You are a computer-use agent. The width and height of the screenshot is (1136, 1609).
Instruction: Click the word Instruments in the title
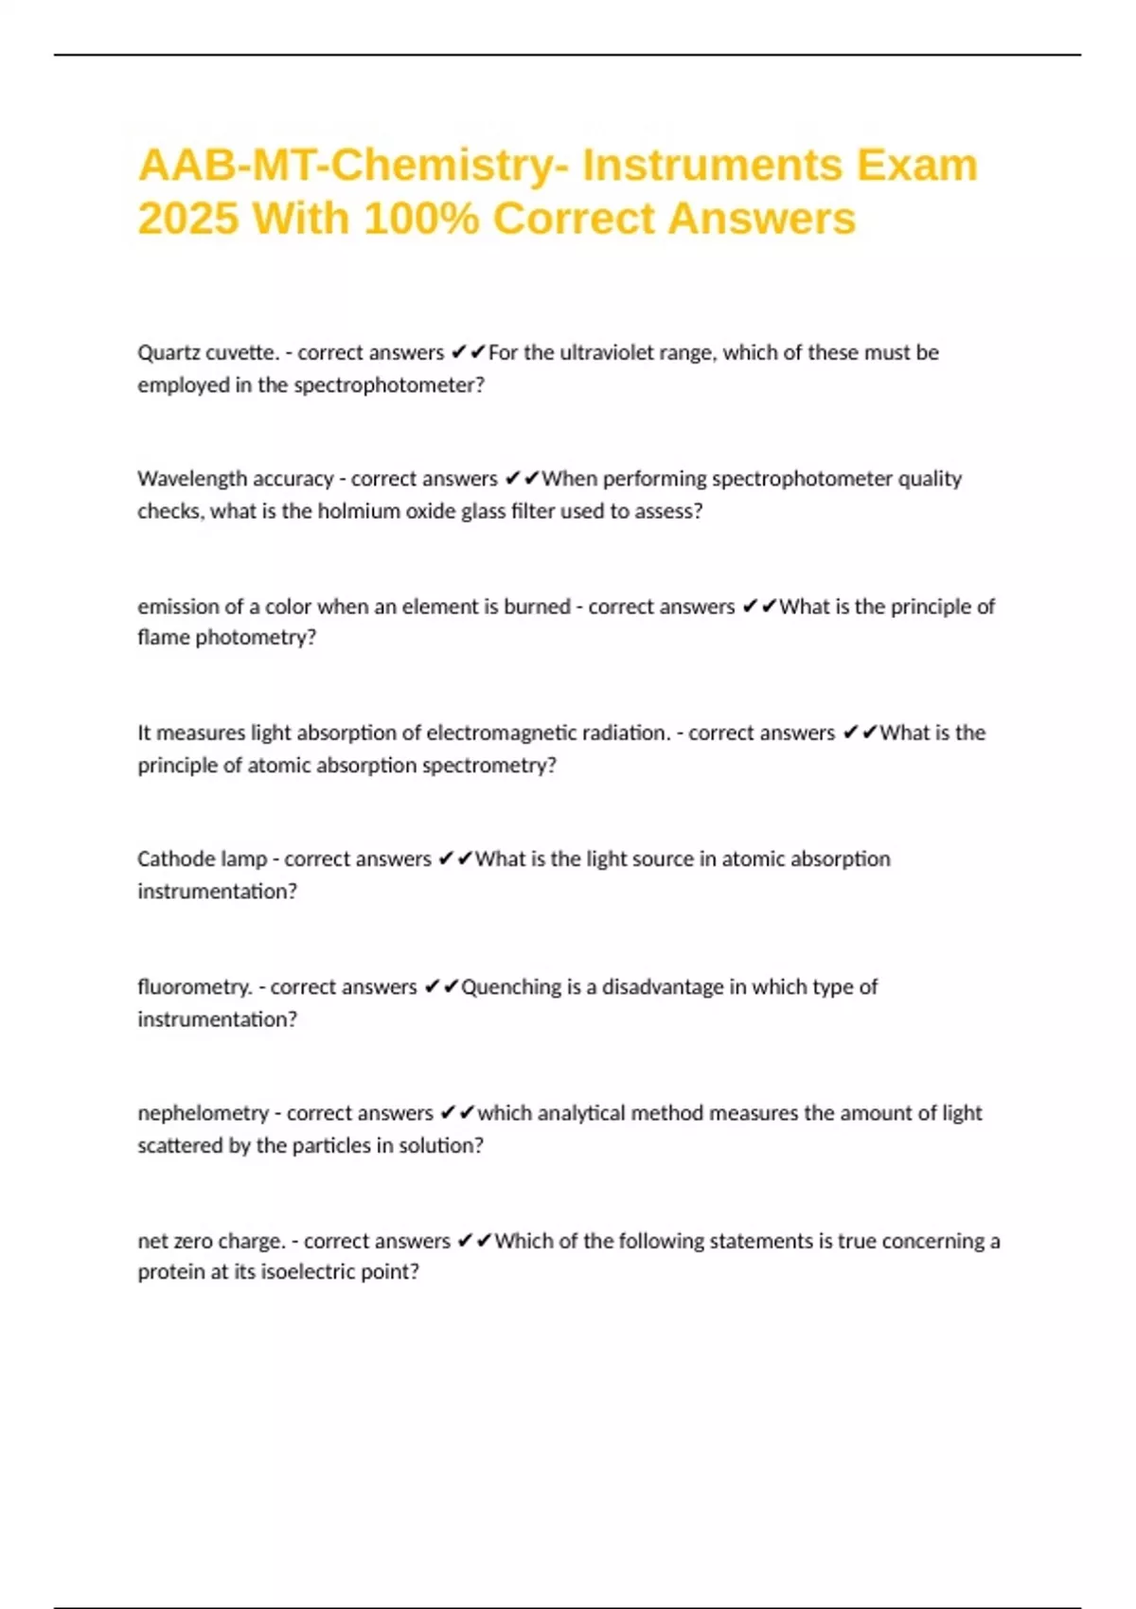pyautogui.click(x=711, y=166)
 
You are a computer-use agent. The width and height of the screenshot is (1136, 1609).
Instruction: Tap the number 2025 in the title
pyautogui.click(x=187, y=219)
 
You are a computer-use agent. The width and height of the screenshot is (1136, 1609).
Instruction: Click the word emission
pyautogui.click(x=178, y=607)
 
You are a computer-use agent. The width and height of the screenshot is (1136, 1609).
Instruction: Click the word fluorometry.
pyautogui.click(x=194, y=987)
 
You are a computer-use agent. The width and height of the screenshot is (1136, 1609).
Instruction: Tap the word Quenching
pyautogui.click(x=511, y=987)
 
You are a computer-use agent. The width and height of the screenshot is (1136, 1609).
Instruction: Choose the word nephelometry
pyautogui.click(x=204, y=1113)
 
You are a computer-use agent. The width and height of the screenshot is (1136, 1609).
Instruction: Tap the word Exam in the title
pyautogui.click(x=917, y=166)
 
